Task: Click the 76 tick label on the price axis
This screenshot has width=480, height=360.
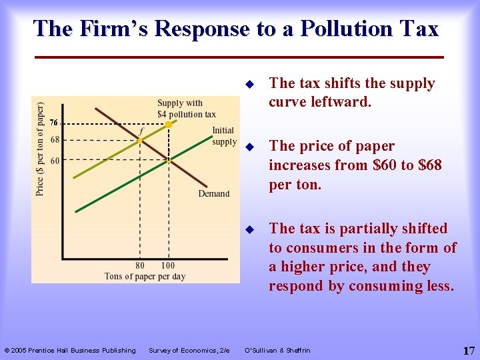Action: [x=55, y=122]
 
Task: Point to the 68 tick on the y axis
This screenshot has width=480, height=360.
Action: [x=55, y=140]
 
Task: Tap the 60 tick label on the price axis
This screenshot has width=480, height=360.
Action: [x=55, y=161]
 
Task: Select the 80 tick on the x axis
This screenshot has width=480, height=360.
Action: [x=140, y=265]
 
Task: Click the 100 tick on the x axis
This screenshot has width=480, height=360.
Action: [x=168, y=265]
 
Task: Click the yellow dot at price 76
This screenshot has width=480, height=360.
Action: [x=169, y=125]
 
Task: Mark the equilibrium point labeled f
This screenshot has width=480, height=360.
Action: [x=140, y=141]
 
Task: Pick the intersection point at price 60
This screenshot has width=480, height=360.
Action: [x=169, y=161]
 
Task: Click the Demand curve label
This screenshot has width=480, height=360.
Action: [x=213, y=194]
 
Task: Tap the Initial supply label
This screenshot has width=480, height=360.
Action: [x=223, y=136]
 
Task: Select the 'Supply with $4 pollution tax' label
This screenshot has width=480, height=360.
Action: [x=186, y=109]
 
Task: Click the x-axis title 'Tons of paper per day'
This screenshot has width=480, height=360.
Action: [x=145, y=276]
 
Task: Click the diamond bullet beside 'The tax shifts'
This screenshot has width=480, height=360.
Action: [x=249, y=85]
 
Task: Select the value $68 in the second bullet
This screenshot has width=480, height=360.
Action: [x=425, y=165]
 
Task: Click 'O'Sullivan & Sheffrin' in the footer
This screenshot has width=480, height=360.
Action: [x=279, y=351]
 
